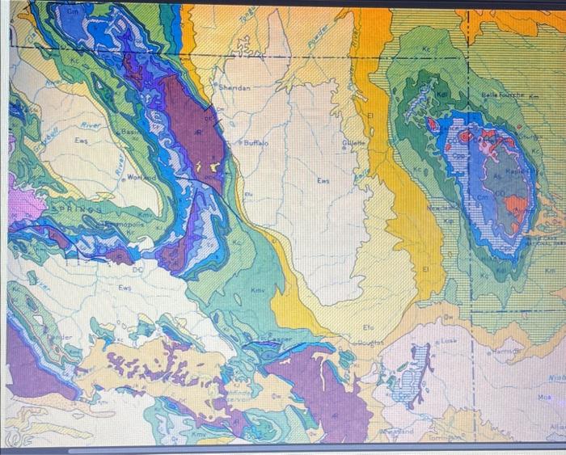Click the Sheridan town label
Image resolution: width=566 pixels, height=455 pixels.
point(234,86)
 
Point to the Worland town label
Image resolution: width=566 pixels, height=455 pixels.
point(141,176)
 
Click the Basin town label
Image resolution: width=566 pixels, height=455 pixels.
point(129,131)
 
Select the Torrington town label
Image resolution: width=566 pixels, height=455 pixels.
point(443,437)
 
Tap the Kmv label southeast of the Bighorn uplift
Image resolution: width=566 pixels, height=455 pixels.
point(258,289)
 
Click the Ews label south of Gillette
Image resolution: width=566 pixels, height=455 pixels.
point(323,180)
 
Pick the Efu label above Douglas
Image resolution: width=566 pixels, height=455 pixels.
point(368,327)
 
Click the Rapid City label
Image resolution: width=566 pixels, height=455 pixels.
point(518,172)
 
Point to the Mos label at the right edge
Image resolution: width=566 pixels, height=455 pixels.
point(546,398)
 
